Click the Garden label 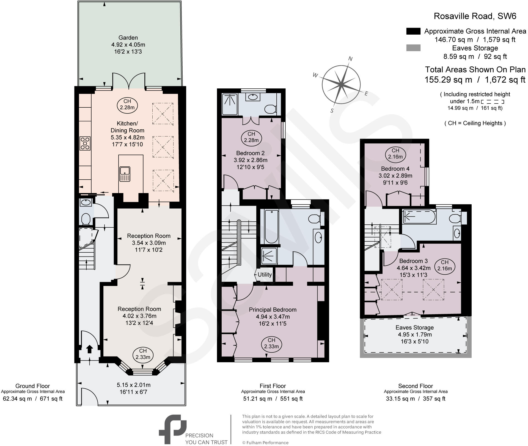(x=128, y=38)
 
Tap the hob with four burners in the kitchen (x=85, y=143)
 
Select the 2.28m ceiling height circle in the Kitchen (x=127, y=104)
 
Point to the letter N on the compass (x=350, y=58)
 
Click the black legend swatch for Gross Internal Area (x=413, y=31)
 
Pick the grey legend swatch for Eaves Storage (x=413, y=48)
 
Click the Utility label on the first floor (x=265, y=275)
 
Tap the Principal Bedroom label (x=273, y=310)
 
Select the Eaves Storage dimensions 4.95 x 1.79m (x=415, y=335)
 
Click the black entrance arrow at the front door (x=90, y=349)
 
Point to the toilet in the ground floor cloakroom (x=86, y=219)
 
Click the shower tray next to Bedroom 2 (x=230, y=104)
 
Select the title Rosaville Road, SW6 (x=475, y=16)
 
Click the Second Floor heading (x=415, y=386)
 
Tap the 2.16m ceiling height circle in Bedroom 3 (x=444, y=265)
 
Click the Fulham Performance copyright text (x=265, y=442)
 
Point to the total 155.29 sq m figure (x=448, y=80)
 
